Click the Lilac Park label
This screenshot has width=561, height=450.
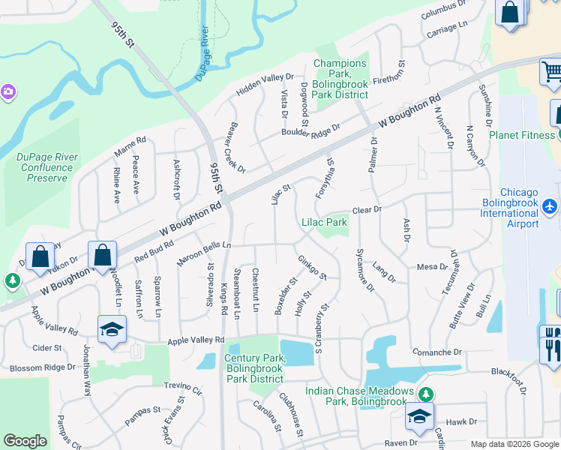(x=324, y=222)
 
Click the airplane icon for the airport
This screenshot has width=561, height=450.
(x=551, y=206)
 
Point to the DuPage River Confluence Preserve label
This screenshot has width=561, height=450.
(x=47, y=167)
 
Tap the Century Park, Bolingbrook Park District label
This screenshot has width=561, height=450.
(x=255, y=368)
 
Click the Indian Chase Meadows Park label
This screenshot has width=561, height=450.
(x=359, y=397)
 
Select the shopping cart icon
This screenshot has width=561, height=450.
(x=551, y=72)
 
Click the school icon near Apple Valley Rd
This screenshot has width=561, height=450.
(x=112, y=329)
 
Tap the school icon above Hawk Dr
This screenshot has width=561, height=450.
(x=420, y=417)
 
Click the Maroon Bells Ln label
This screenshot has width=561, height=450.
(x=204, y=253)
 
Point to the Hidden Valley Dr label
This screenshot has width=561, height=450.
(x=265, y=83)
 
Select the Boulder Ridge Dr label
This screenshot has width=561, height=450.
(x=310, y=129)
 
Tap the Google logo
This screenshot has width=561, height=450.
(x=25, y=441)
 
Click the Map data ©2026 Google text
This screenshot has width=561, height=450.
(x=514, y=444)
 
